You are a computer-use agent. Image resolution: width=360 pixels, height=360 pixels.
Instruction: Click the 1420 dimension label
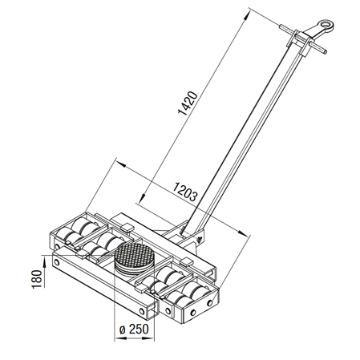(x=188, y=103)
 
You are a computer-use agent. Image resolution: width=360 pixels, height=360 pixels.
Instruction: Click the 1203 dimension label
(x=185, y=192)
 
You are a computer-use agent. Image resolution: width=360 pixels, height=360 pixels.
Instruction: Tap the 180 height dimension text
(x=37, y=279)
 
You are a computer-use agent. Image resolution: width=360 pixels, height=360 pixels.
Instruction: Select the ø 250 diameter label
(x=134, y=330)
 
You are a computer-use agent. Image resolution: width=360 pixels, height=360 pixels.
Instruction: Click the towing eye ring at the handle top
(x=326, y=26)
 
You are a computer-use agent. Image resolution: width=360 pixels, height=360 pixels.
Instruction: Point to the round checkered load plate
(x=134, y=256)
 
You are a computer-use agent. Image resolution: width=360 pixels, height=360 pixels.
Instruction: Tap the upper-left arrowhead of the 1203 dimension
(x=122, y=164)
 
